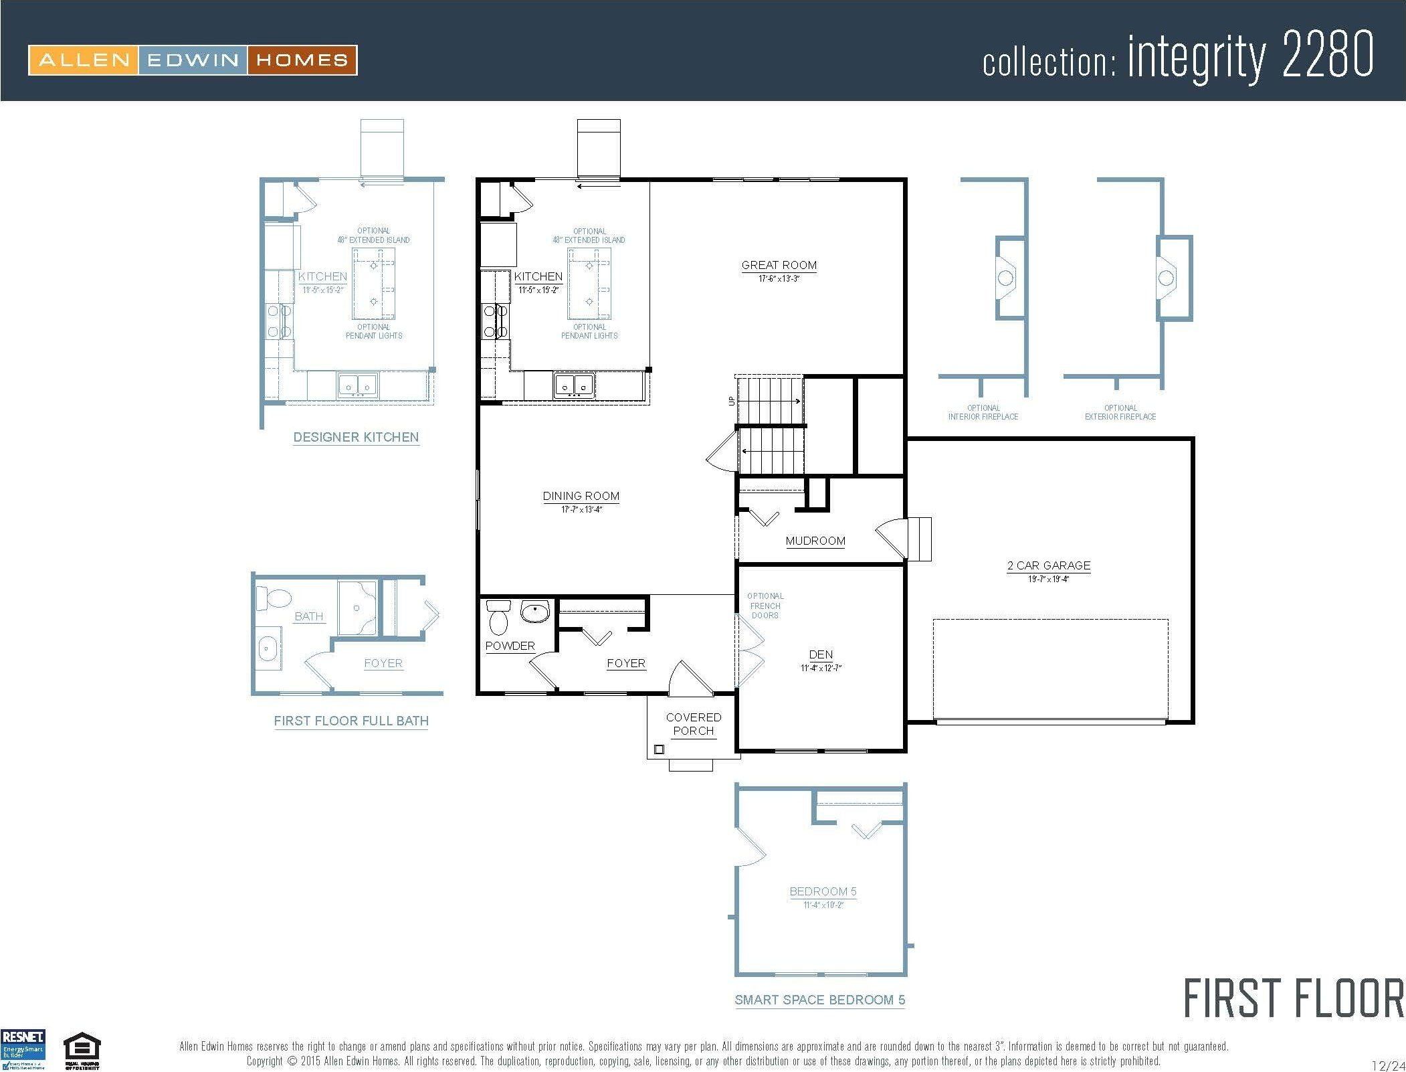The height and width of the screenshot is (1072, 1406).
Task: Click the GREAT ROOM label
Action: pyautogui.click(x=779, y=265)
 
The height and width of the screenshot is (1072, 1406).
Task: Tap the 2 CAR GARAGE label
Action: pyautogui.click(x=1048, y=565)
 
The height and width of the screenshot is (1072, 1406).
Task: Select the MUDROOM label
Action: pyautogui.click(x=815, y=541)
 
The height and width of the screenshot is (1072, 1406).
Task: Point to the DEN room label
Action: pyautogui.click(x=821, y=654)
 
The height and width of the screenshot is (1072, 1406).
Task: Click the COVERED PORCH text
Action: pyautogui.click(x=693, y=724)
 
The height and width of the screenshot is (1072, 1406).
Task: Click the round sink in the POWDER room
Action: pyautogui.click(x=534, y=612)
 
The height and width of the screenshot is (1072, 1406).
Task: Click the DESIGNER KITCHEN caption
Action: pyautogui.click(x=356, y=437)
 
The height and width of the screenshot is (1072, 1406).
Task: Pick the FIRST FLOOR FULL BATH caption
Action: pyautogui.click(x=351, y=721)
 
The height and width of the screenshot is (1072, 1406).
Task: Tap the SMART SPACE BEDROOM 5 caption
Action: pyautogui.click(x=819, y=1000)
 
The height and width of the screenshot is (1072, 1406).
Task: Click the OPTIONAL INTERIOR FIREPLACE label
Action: pyautogui.click(x=983, y=412)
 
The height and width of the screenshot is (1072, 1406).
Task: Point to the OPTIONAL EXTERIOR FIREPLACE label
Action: pyautogui.click(x=1120, y=412)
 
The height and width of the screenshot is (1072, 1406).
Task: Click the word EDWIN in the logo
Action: pyautogui.click(x=193, y=60)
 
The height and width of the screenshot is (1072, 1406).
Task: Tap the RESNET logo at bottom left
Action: pyautogui.click(x=23, y=1049)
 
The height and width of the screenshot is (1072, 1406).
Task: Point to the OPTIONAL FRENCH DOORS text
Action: pyautogui.click(x=765, y=606)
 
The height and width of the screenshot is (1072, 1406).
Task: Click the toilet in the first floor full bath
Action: pyautogui.click(x=273, y=598)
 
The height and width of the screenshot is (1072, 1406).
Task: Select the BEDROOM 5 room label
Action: pyautogui.click(x=823, y=891)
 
